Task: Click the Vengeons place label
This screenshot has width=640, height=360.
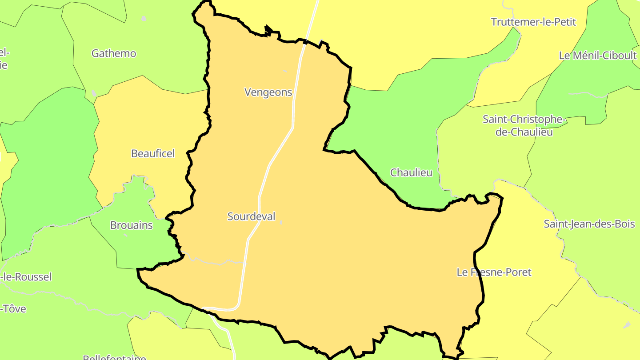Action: pyautogui.click(x=268, y=92)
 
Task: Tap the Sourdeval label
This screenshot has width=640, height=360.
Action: pyautogui.click(x=251, y=216)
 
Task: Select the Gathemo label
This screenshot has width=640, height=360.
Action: pyautogui.click(x=114, y=53)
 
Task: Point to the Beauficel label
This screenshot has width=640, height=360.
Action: pyautogui.click(x=153, y=153)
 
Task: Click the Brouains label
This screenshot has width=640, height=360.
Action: pyautogui.click(x=131, y=225)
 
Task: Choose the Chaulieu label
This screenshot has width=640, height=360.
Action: pyautogui.click(x=411, y=172)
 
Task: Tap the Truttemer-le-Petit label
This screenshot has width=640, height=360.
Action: pyautogui.click(x=533, y=22)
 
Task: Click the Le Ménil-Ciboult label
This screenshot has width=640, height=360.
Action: pyautogui.click(x=598, y=56)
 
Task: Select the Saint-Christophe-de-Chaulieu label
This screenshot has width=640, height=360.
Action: pyautogui.click(x=524, y=126)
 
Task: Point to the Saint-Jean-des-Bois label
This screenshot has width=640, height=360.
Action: pyautogui.click(x=589, y=224)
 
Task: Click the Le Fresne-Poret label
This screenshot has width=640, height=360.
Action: pyautogui.click(x=494, y=272)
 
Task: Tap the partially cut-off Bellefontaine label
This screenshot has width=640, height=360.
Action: pyautogui.click(x=114, y=357)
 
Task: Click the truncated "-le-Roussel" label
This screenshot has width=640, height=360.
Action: pyautogui.click(x=27, y=277)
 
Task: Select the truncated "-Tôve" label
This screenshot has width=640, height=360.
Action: pyautogui.click(x=14, y=308)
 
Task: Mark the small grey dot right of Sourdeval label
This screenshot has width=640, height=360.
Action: pyautogui.click(x=281, y=222)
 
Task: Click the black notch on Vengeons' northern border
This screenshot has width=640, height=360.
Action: pyautogui.click(x=268, y=30)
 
